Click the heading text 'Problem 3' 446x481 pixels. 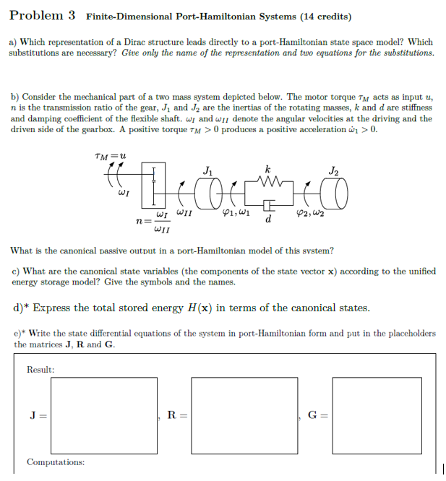tap(43, 15)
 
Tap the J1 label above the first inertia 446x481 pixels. tap(208, 170)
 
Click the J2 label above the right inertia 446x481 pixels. tap(333, 170)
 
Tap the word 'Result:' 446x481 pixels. tap(40, 370)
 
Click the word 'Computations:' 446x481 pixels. tap(55, 461)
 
